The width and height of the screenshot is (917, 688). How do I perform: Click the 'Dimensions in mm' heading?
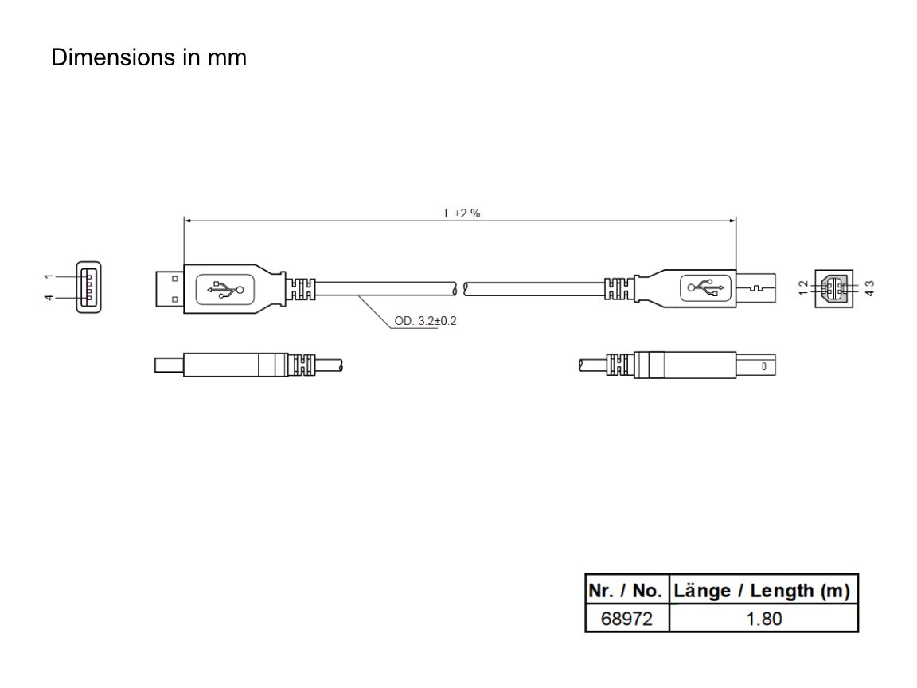149,57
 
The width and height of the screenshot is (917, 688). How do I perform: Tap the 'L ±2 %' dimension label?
462,213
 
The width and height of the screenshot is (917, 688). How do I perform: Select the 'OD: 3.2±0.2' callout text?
425,321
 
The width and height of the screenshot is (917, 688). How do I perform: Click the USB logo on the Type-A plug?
225,289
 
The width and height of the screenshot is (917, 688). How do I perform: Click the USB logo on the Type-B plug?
706,287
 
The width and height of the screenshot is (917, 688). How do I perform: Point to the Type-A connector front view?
88,287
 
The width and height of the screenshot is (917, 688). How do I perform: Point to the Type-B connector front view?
834,288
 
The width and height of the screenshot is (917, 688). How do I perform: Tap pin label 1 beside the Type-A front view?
49,276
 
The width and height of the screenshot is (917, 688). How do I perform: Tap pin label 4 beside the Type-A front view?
49,298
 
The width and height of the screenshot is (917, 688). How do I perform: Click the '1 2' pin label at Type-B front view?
803,287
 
